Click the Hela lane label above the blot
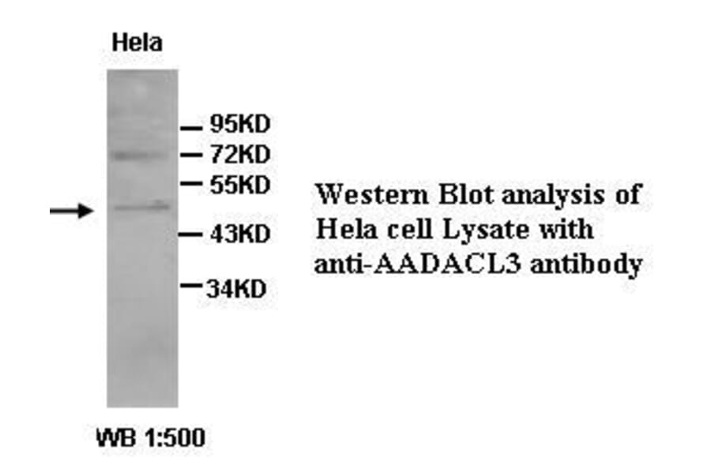[137, 43]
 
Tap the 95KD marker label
[239, 125]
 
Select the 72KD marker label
[239, 153]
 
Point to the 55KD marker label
[239, 185]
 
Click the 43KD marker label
[239, 234]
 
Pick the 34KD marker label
[236, 289]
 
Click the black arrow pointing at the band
[71, 210]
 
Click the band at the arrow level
[141, 207]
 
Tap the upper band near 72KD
[141, 155]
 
